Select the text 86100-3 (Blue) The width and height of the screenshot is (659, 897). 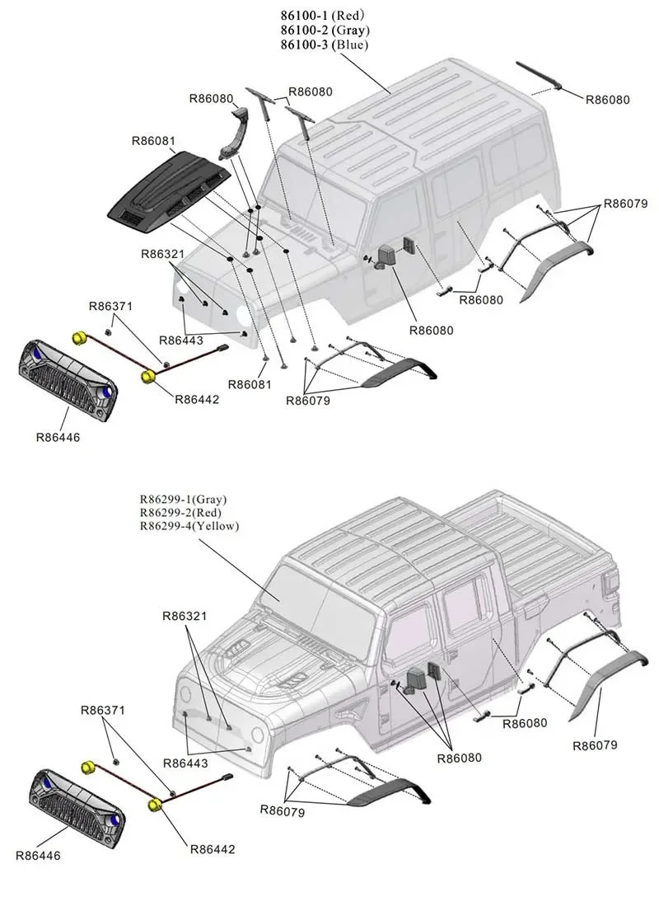(322, 45)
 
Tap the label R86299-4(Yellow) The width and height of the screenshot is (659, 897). (189, 526)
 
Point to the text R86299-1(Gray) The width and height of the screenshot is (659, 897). (183, 500)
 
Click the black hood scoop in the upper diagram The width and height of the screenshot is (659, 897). (172, 188)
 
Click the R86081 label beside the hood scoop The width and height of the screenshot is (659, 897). (153, 141)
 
